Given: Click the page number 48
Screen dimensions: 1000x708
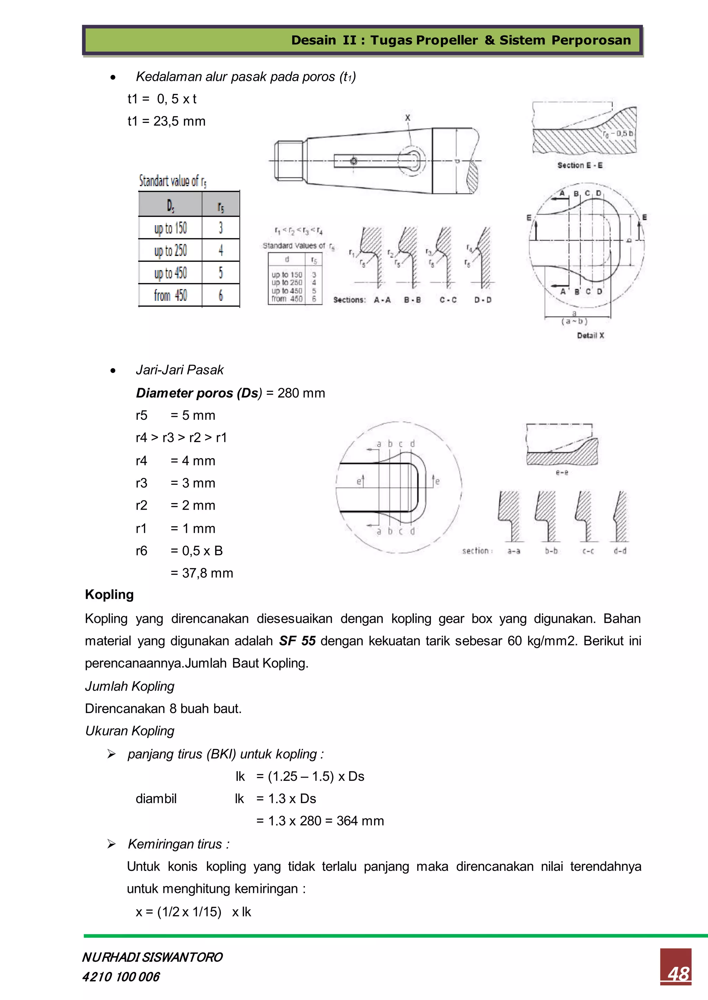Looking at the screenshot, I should pos(678,974).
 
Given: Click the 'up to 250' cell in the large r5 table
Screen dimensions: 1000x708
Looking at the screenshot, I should pos(170,250).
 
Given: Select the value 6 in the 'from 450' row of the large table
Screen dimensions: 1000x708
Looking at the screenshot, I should pos(221,295).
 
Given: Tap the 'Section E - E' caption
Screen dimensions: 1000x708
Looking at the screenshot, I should pos(580,165).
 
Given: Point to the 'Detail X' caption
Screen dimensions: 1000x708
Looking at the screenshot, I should pos(590,335).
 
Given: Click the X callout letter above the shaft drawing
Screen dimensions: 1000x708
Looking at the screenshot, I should pos(408,118).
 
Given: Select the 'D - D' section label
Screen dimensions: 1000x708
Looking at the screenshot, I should pos(483,300).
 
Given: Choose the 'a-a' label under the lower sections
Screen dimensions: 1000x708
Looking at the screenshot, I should pos(514,551).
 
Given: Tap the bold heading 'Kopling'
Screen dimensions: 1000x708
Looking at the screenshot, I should pos(110,595).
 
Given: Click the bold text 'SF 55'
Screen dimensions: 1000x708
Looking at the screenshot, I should pos(297,641).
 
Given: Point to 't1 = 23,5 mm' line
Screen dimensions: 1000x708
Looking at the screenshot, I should pos(166,121).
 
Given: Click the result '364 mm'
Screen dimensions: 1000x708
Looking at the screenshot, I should pos(360,821).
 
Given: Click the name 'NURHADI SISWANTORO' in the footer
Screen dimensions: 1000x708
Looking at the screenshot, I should pos(152,957).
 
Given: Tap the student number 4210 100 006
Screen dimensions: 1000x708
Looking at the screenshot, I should pos(121,977).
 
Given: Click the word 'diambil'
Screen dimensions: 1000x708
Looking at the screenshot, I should pos(156,799).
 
